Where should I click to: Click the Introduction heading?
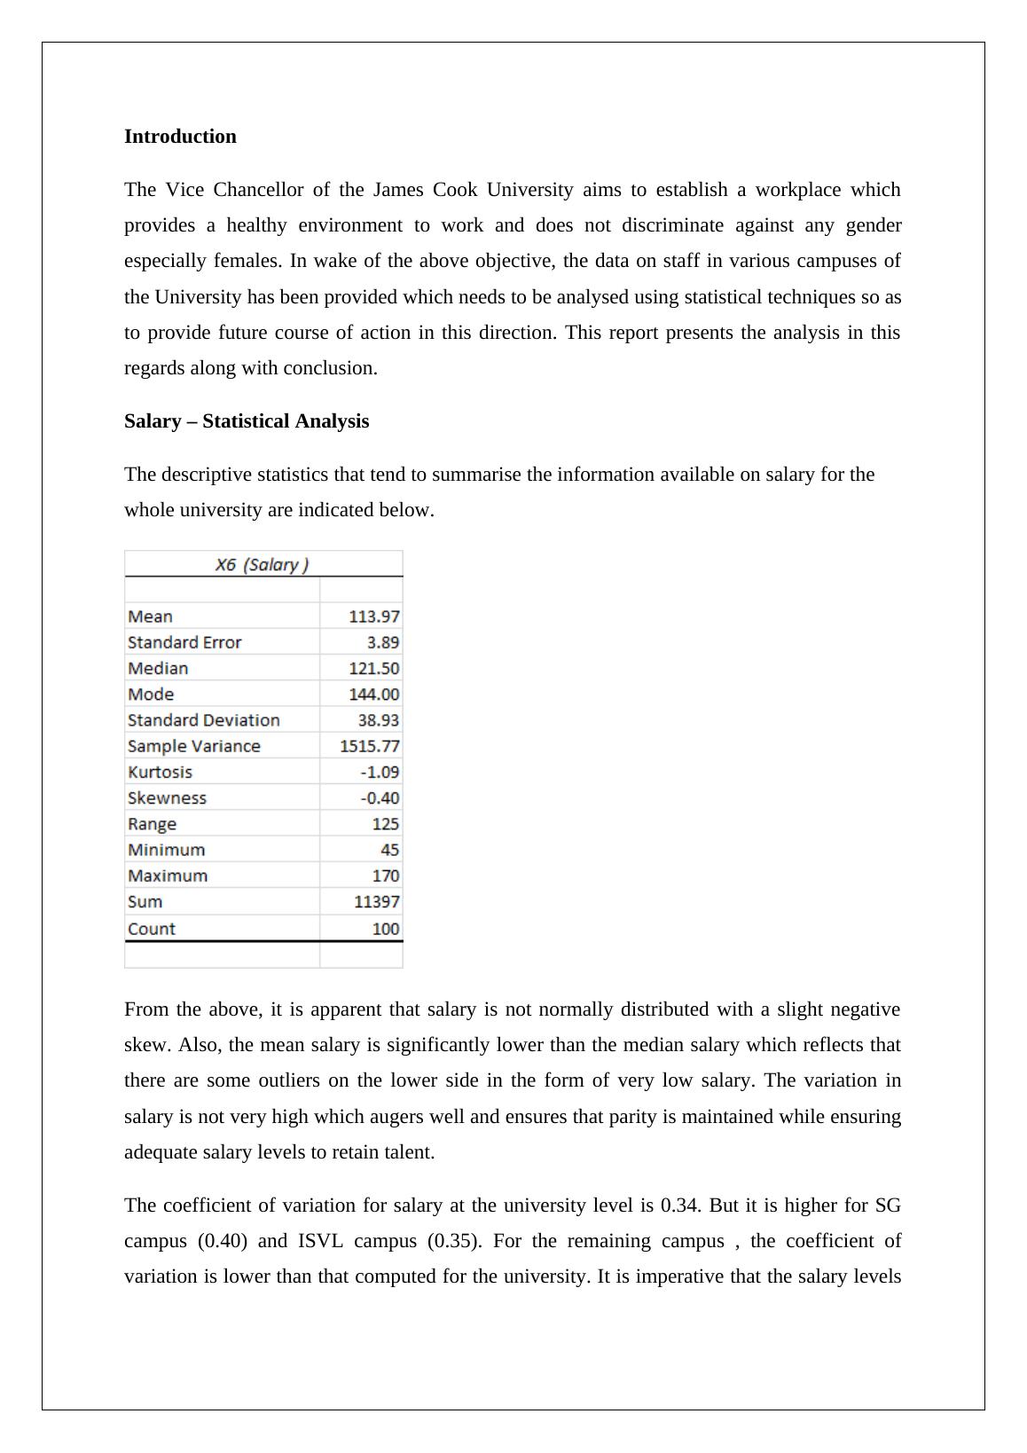[x=180, y=137]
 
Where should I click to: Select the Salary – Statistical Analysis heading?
[x=247, y=421]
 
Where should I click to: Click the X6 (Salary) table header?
[x=263, y=565]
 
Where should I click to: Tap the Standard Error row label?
[x=184, y=642]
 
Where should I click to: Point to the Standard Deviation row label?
[x=203, y=720]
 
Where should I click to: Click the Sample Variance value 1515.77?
[x=369, y=746]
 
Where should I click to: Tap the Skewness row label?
[x=167, y=798]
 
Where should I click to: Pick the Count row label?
[x=152, y=929]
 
